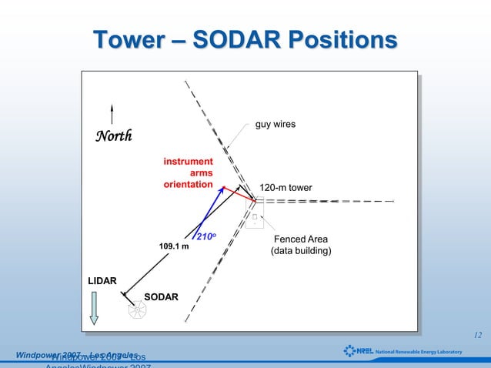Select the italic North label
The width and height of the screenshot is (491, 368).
click(x=113, y=136)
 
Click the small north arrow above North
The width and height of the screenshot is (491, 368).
click(x=112, y=114)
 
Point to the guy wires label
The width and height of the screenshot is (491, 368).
click(x=276, y=124)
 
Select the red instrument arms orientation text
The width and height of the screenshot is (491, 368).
click(x=189, y=172)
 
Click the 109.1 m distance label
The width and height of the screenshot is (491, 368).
click(x=174, y=246)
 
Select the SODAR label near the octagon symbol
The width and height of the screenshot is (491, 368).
click(x=161, y=297)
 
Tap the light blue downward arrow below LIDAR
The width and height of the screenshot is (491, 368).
click(x=94, y=309)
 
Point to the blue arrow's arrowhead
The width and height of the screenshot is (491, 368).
click(x=222, y=189)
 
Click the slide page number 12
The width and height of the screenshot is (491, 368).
click(x=477, y=335)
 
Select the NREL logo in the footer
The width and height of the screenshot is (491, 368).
click(x=359, y=351)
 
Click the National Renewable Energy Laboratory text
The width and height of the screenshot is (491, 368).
click(x=419, y=352)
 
